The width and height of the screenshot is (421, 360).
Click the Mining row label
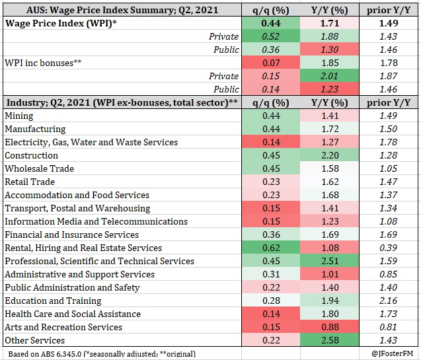[19, 116]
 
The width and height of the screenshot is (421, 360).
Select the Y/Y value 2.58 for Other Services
[330, 340]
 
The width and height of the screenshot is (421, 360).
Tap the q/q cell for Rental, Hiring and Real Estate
[271, 248]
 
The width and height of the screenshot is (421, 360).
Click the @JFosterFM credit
[393, 354]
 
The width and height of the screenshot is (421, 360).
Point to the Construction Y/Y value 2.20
[330, 155]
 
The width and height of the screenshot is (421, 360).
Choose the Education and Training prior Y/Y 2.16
[388, 301]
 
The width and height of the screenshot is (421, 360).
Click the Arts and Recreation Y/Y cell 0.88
[330, 327]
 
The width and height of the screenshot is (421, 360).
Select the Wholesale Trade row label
[39, 168]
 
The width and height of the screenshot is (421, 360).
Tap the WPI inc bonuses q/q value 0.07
[271, 63]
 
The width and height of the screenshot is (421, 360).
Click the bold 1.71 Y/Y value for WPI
[330, 23]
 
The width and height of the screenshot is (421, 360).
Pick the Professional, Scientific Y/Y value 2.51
[330, 261]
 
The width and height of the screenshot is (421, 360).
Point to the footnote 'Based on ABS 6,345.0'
[45, 354]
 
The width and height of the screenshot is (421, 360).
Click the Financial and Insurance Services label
[71, 234]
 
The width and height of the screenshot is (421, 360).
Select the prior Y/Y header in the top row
[389, 10]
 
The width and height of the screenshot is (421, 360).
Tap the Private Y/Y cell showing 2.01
[330, 76]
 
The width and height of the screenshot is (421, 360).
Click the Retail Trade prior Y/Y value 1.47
[388, 182]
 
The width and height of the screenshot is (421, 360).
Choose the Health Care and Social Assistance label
[73, 314]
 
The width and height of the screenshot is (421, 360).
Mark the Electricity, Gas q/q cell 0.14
[271, 142]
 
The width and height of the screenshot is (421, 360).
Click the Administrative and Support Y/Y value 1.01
[330, 274]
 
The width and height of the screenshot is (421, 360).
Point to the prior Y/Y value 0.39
[388, 248]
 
